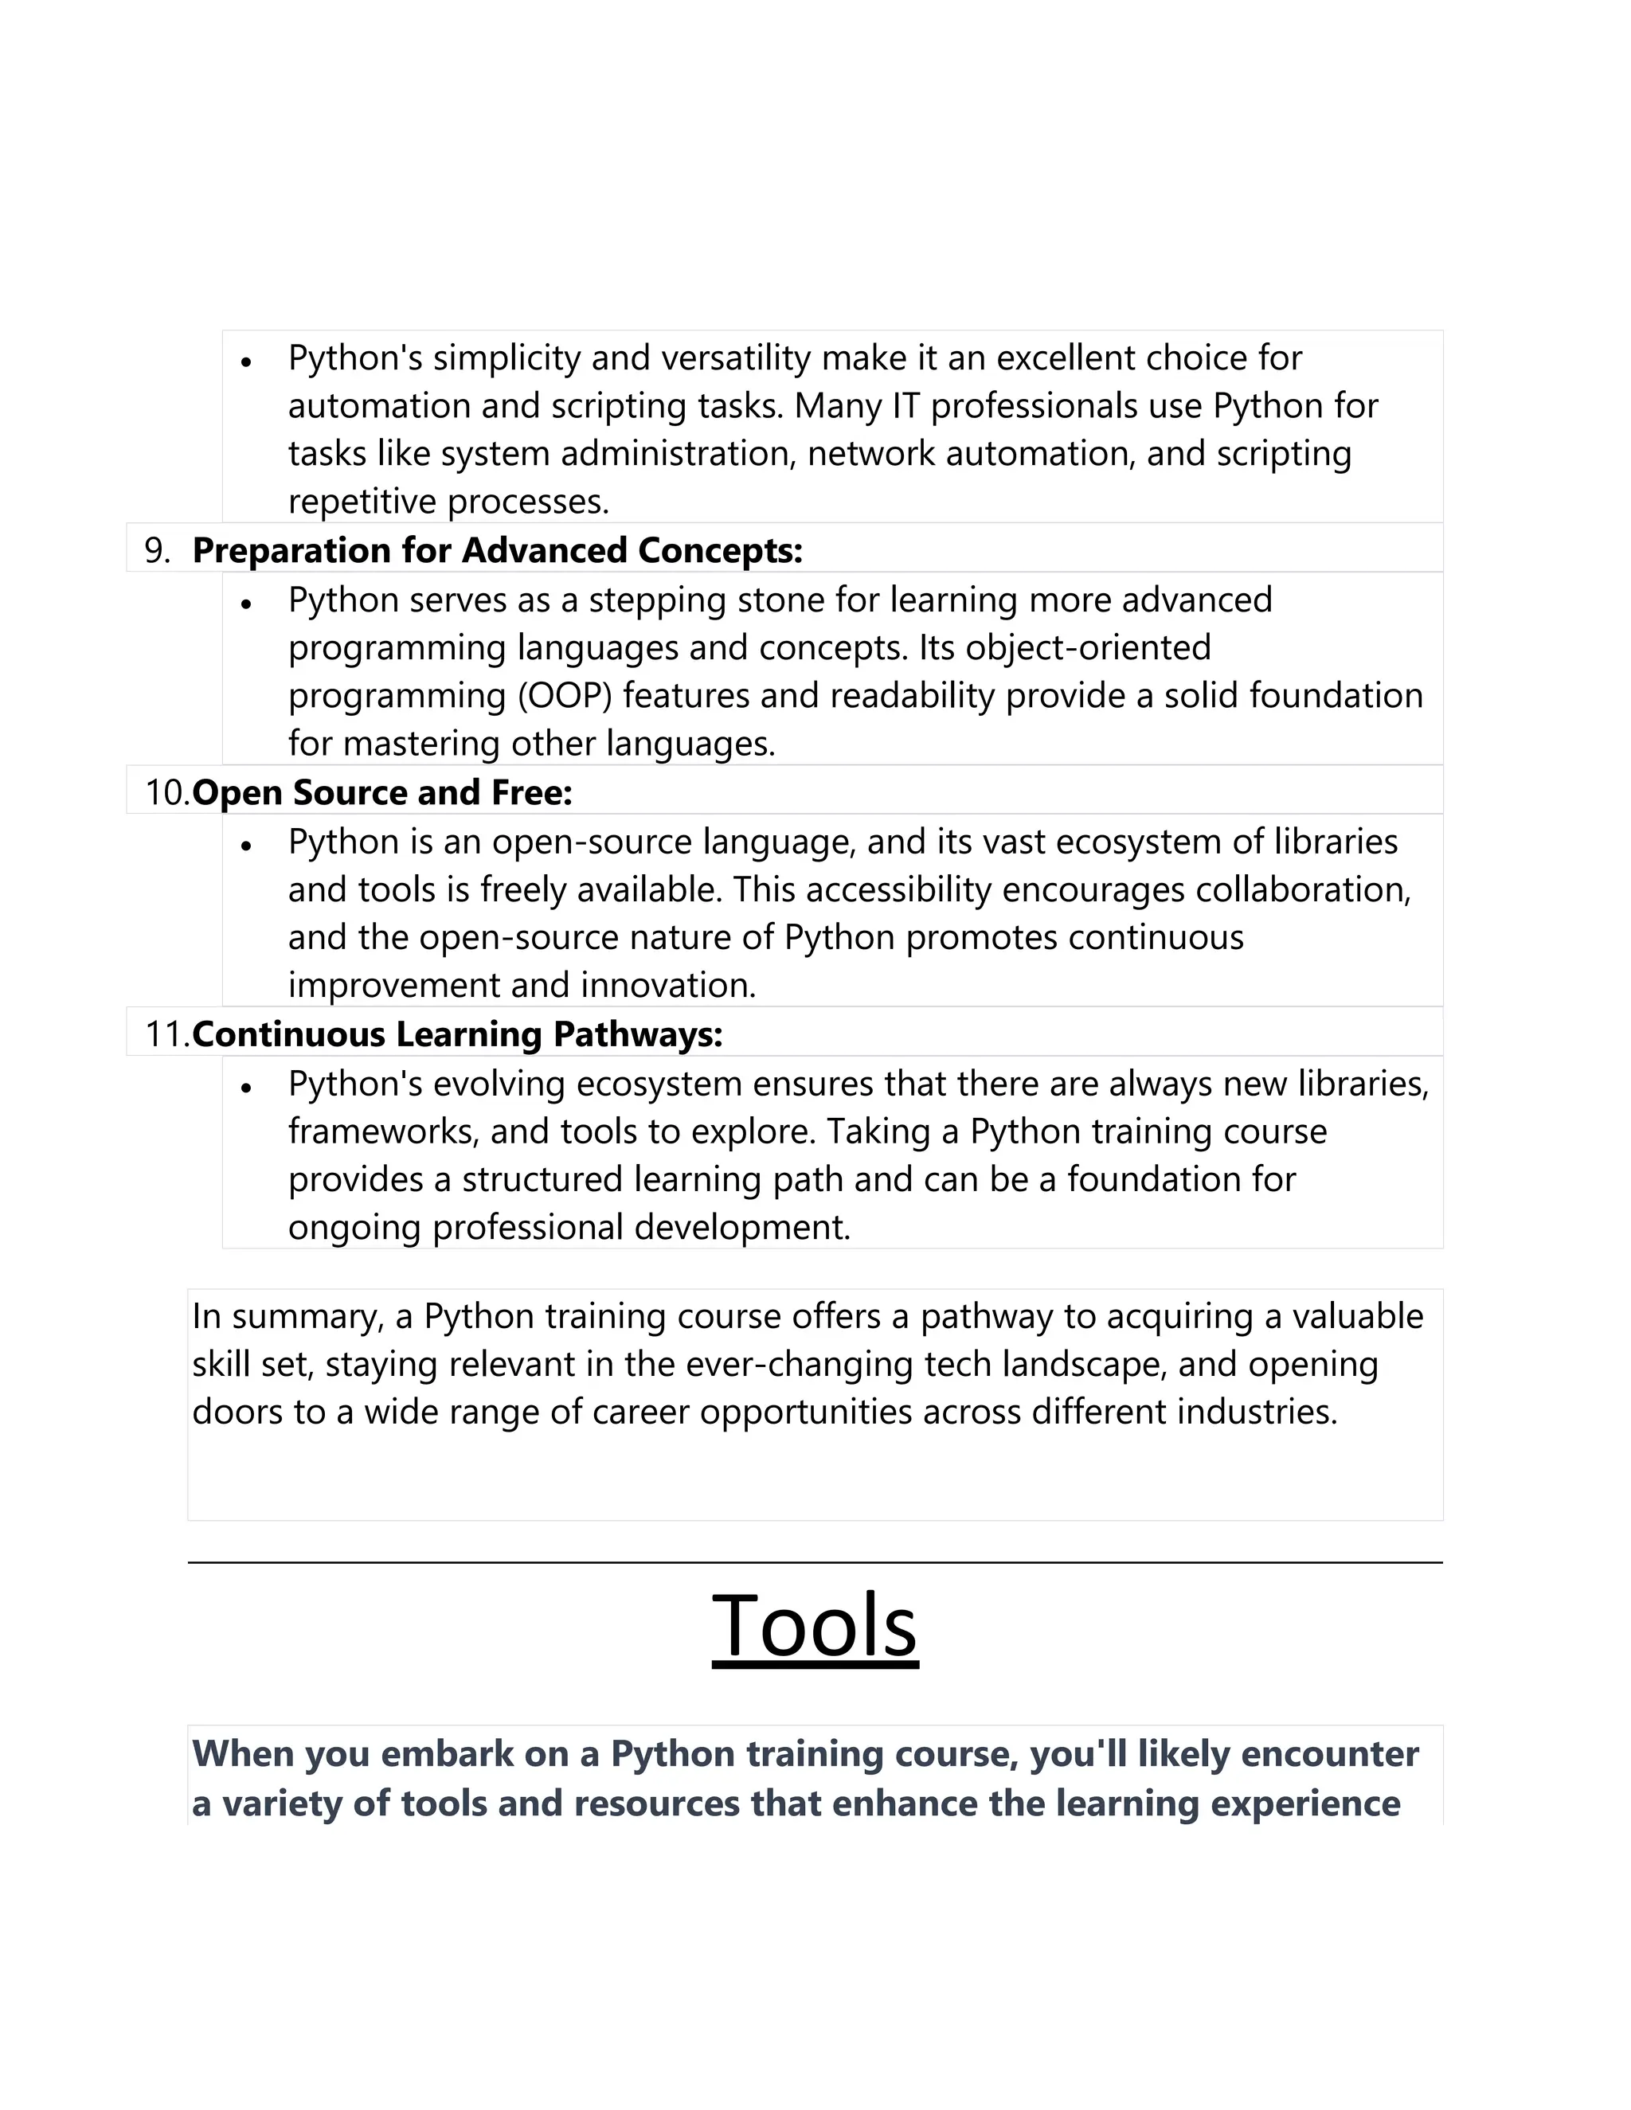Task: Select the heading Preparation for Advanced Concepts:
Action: [498, 551]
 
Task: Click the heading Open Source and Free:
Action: [382, 793]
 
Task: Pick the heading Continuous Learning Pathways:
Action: [457, 1035]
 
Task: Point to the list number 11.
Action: [166, 1035]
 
